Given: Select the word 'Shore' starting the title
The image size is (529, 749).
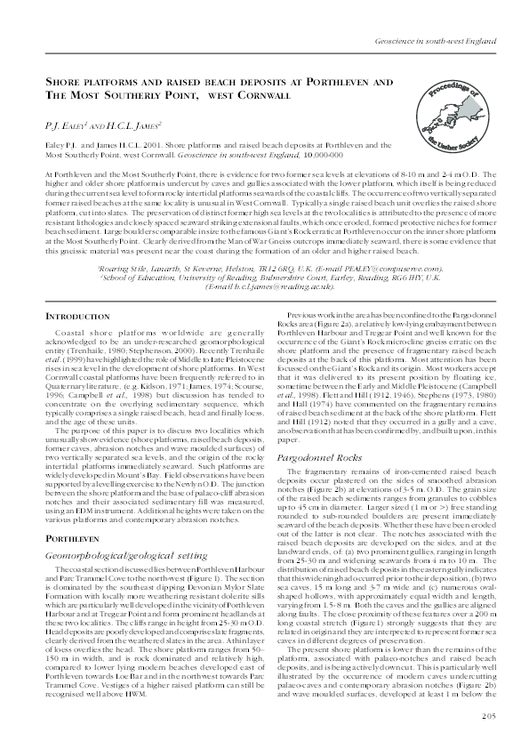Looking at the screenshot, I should point(68,81).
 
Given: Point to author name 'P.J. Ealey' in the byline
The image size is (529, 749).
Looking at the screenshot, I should point(68,125).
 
